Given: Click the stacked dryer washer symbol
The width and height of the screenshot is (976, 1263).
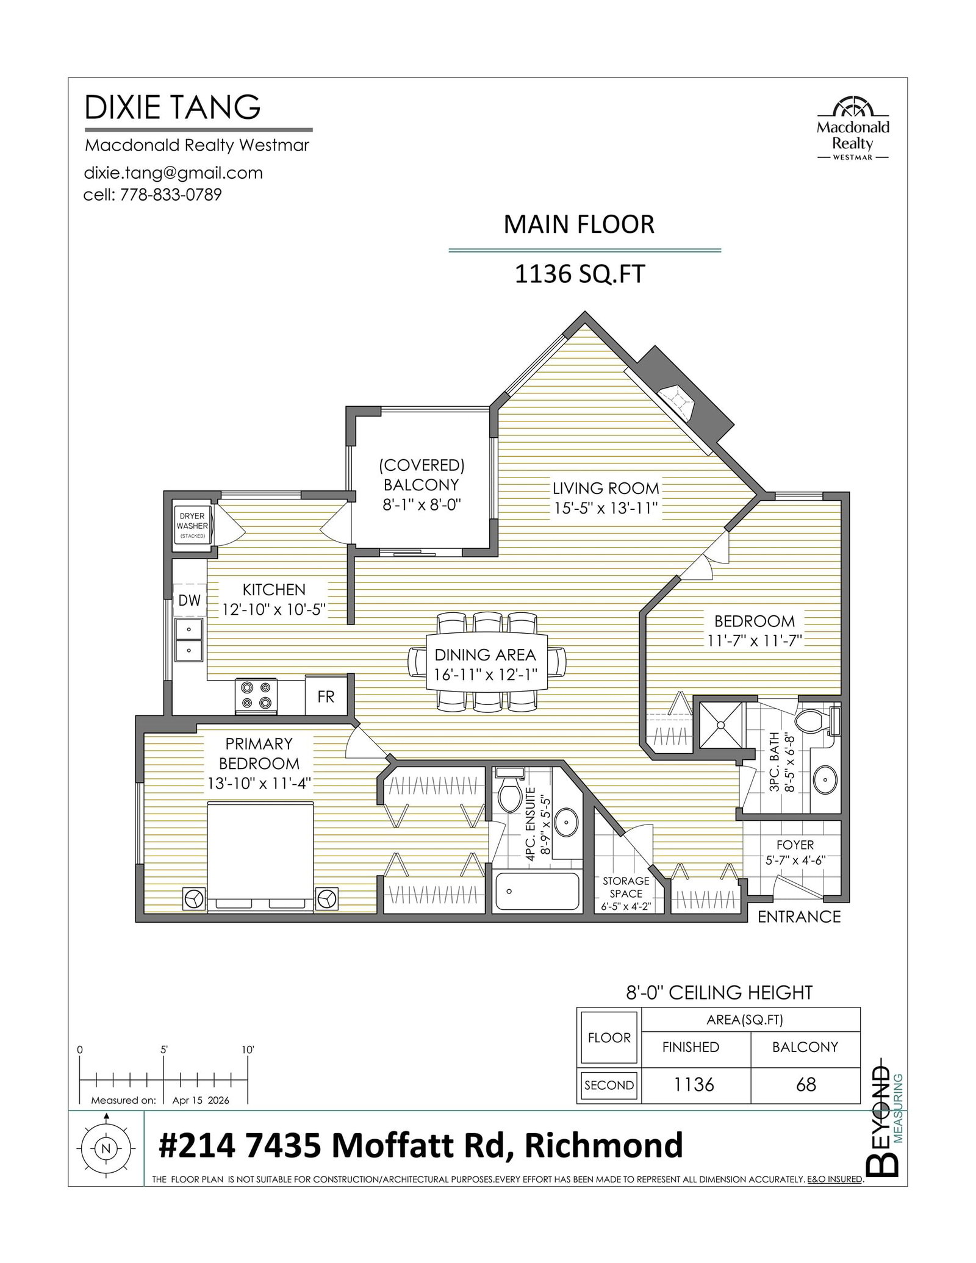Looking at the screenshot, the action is click(x=192, y=524).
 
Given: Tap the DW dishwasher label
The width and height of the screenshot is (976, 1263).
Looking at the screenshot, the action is click(x=189, y=600).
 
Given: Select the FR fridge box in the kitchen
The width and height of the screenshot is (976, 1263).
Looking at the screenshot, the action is click(x=326, y=696).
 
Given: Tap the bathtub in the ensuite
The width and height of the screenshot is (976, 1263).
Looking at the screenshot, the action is click(x=537, y=892).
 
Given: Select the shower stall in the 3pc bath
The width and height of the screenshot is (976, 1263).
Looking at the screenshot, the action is click(x=721, y=725).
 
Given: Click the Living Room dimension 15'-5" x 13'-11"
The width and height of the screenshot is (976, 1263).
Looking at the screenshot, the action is click(x=606, y=508).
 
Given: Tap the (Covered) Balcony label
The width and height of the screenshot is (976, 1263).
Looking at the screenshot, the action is click(x=422, y=485).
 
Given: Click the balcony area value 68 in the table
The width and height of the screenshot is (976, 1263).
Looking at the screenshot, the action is click(x=806, y=1085).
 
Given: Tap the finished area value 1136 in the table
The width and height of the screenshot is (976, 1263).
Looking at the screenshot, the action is click(x=694, y=1085).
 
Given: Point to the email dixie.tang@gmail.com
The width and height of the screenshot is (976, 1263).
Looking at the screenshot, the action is click(x=173, y=173).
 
